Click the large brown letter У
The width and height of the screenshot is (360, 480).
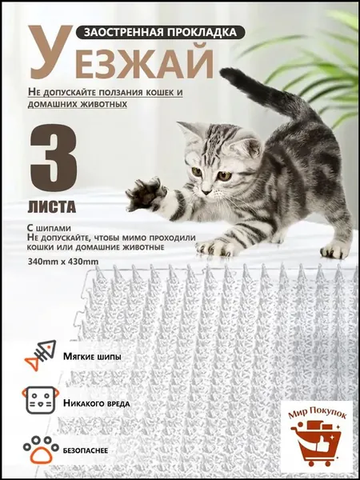point(51,51)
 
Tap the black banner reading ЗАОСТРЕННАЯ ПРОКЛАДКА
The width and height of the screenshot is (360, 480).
point(161,32)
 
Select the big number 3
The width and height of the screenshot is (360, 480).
point(54,158)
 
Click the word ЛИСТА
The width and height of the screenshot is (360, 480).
point(52,207)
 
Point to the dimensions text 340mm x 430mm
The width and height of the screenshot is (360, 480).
point(62,262)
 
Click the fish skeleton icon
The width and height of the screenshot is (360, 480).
point(41,355)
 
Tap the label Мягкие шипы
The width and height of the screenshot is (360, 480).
point(92,357)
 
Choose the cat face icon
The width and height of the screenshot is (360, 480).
point(41,400)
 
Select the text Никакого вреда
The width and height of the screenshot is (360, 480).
point(97,403)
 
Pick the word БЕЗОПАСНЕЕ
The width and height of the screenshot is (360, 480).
point(86,451)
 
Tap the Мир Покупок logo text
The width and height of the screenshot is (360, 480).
point(317,412)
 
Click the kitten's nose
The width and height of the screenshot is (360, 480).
point(206,192)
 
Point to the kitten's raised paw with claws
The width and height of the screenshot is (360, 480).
point(146,194)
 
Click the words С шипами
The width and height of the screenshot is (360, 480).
point(49,229)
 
